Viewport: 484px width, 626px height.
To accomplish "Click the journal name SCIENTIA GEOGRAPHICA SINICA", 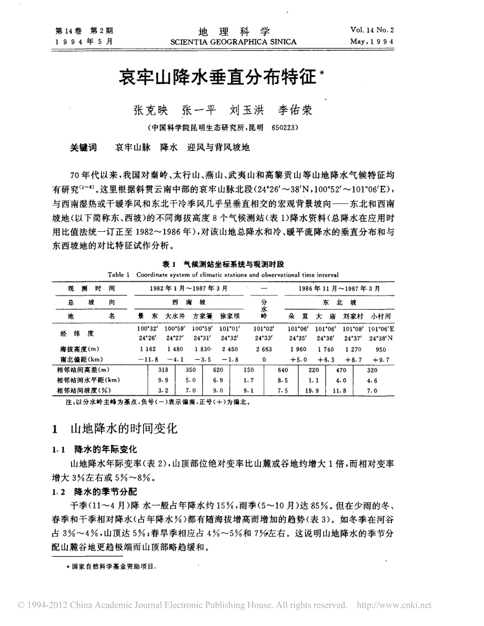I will click(x=233, y=42).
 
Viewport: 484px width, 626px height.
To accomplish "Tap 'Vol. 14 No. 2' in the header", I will click(x=372, y=31).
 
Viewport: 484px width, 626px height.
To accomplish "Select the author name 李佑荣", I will click(x=295, y=110).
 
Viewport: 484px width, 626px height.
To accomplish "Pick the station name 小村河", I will click(x=380, y=316).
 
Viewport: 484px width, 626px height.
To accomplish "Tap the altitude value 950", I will click(x=380, y=348).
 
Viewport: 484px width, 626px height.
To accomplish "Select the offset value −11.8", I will click(x=145, y=359).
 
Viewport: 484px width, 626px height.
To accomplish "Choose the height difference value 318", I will click(x=163, y=370).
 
